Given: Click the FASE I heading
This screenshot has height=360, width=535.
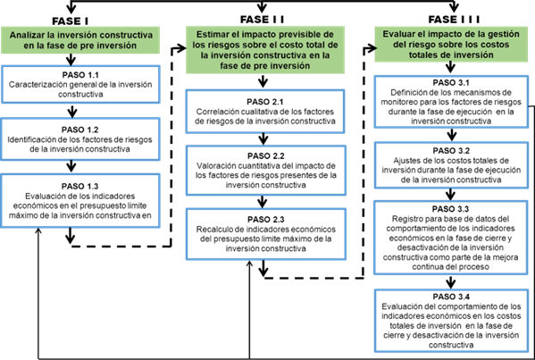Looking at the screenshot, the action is [x=70, y=21].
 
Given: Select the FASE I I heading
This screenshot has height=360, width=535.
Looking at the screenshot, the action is [x=262, y=20].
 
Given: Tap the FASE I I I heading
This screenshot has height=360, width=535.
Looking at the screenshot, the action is [x=454, y=20].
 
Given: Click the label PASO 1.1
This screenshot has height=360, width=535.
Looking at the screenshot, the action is [x=80, y=75].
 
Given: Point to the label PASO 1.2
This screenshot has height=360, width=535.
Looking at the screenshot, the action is [x=79, y=130].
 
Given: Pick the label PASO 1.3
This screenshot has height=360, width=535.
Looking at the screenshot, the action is [x=79, y=187].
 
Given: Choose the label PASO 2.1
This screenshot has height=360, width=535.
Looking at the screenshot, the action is [x=265, y=102].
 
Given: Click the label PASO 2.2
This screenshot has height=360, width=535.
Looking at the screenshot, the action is [x=266, y=156].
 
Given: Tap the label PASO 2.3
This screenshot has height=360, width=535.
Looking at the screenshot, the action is [x=266, y=220].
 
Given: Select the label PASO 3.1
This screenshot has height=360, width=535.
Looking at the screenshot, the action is [x=451, y=82].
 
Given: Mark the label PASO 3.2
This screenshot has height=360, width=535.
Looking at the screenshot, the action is [x=451, y=150].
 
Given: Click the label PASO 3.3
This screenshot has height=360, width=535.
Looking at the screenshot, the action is [x=450, y=209].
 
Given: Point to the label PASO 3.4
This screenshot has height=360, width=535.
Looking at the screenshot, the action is [x=451, y=297].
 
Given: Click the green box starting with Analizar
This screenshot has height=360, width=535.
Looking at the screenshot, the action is [x=80, y=40].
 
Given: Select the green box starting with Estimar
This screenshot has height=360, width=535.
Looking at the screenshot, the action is [x=265, y=50].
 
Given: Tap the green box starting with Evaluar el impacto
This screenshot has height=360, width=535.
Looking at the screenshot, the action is [x=451, y=45].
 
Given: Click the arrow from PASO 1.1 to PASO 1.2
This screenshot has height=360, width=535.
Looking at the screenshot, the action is [x=72, y=111].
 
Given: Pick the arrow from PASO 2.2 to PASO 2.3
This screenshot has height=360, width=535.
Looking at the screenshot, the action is [x=262, y=202].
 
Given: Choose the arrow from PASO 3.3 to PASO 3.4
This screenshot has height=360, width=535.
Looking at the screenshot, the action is [x=451, y=282].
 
